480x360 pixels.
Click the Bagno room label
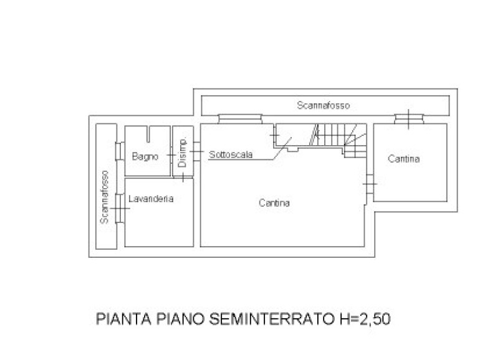145,157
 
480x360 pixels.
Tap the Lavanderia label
151,199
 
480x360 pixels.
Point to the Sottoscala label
231,154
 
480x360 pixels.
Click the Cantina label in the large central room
274,203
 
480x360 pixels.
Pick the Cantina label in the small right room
403,159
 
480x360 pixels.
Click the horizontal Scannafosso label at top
324,105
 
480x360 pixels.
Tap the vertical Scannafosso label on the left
104,197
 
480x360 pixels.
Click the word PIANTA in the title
123,319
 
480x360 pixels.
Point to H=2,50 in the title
365,320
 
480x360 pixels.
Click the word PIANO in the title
180,319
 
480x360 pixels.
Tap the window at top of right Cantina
409,119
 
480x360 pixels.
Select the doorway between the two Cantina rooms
370,184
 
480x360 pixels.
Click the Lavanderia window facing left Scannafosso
120,208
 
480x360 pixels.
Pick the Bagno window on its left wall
120,151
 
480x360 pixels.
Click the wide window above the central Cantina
240,119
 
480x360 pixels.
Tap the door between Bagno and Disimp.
171,155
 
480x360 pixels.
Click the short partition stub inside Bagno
148,134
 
